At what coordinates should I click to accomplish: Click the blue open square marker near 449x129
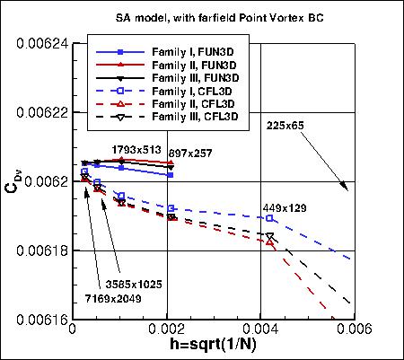click(270, 218)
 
